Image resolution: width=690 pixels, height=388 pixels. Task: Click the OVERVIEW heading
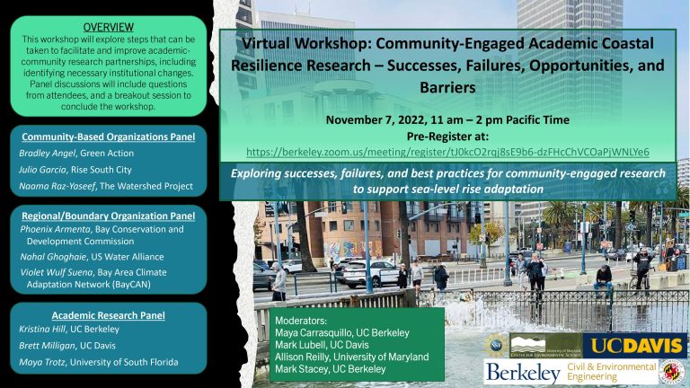click(108, 27)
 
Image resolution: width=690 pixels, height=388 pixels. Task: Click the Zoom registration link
click(447, 152)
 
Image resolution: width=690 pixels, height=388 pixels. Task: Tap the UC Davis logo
click(635, 345)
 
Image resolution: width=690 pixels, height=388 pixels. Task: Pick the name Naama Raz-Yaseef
click(57, 186)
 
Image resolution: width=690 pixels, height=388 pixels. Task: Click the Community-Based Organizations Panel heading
click(108, 137)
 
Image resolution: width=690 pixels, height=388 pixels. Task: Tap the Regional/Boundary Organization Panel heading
click(108, 216)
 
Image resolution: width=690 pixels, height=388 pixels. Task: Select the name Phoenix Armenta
click(56, 229)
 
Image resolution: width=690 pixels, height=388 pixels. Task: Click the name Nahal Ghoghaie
click(54, 257)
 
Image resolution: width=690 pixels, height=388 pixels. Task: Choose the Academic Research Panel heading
click(108, 315)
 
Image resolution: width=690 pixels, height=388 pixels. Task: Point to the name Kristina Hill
click(42, 329)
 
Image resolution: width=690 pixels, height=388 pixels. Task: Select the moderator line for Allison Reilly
click(351, 357)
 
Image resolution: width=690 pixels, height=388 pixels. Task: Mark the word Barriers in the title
click(447, 87)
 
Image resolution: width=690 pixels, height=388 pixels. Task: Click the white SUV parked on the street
click(369, 273)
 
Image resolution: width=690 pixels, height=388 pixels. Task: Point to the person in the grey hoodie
click(279, 281)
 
